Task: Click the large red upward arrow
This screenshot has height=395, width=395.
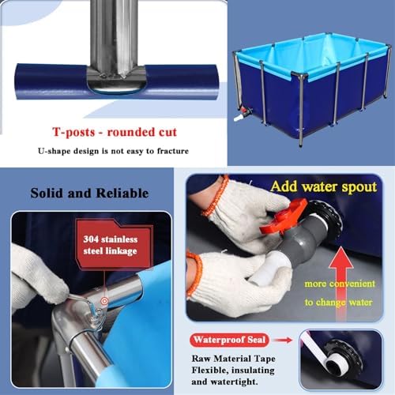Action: (x=338, y=268)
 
